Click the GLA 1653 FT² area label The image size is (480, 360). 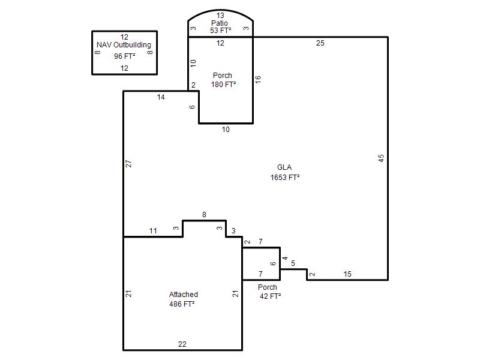click(x=284, y=172)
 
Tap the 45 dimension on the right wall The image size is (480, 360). click(x=381, y=158)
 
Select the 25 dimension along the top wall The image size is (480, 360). click(x=320, y=43)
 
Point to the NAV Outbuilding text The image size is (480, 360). click(x=124, y=45)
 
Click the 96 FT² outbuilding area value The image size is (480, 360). click(x=125, y=56)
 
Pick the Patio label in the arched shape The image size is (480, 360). click(x=220, y=23)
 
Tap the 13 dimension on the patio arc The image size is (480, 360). click(x=220, y=16)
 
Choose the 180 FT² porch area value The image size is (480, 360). click(x=223, y=85)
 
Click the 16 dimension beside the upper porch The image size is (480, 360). click(x=258, y=79)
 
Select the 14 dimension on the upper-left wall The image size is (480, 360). click(x=161, y=97)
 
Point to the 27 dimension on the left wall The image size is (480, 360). click(x=128, y=164)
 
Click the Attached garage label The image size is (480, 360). click(x=184, y=295)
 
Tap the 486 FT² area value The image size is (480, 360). click(x=182, y=304)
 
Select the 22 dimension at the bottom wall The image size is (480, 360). click(x=182, y=344)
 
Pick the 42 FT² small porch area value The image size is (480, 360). click(x=271, y=296)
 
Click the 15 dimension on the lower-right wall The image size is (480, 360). click(x=347, y=274)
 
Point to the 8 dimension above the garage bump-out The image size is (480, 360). click(x=204, y=215)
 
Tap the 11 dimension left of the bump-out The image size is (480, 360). click(x=153, y=231)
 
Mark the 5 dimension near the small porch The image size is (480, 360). click(x=293, y=263)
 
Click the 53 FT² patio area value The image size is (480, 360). click(x=221, y=31)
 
